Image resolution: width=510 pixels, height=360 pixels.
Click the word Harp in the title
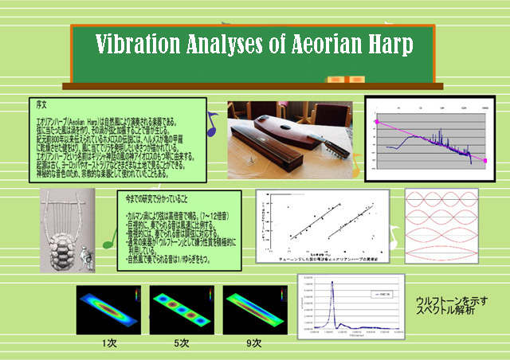pos(390,45)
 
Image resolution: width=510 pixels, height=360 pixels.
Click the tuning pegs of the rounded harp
pos(335,144)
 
